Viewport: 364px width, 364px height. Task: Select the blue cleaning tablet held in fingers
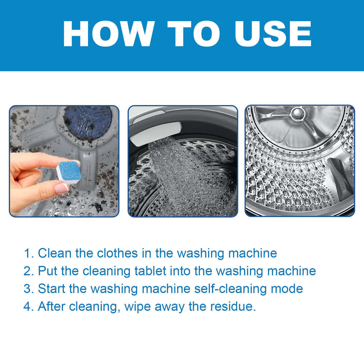tap(69, 172)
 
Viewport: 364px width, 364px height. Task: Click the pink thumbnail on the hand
tap(61, 188)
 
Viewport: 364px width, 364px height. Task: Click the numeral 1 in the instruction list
tap(27, 253)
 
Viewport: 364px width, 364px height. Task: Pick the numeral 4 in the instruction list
tap(28, 306)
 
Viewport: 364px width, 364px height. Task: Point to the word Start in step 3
tap(51, 289)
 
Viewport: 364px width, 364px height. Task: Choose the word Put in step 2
tap(48, 271)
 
